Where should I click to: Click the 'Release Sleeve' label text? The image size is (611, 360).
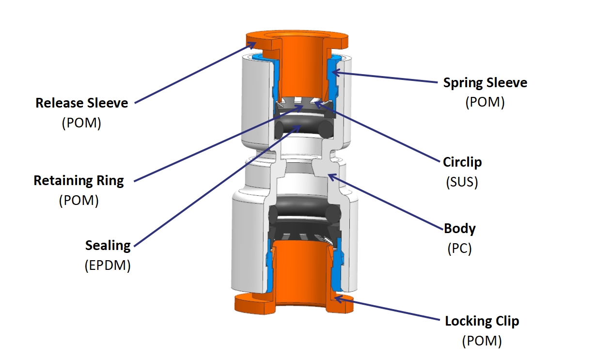(82, 103)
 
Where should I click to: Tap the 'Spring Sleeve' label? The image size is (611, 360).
(485, 83)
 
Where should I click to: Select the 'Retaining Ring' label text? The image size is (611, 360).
(78, 181)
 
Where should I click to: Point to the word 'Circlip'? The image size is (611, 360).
(462, 162)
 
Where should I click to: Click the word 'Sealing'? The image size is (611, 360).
(108, 246)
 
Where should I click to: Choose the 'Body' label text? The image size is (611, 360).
(460, 228)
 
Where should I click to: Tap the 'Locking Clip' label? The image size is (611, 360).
(482, 321)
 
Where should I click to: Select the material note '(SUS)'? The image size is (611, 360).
(462, 182)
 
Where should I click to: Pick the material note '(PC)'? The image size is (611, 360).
(459, 249)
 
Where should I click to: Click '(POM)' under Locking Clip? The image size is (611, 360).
(482, 341)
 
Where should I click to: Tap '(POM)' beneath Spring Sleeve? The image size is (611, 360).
(485, 103)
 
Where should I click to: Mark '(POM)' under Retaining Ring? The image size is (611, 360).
(78, 201)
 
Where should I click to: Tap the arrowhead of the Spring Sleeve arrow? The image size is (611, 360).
(334, 74)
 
